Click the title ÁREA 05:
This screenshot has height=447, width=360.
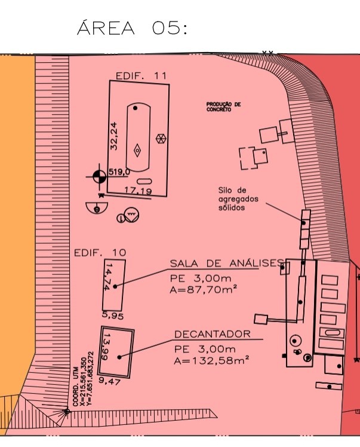click(132, 27)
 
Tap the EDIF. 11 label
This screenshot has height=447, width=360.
click(141, 75)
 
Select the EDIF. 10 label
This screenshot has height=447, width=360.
click(100, 253)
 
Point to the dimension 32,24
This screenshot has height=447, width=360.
click(113, 136)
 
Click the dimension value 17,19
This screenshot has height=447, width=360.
click(139, 191)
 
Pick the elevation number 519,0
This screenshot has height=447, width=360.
click(119, 172)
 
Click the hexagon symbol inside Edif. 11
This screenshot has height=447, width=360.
click(161, 139)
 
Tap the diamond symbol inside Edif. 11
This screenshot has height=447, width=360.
click(137, 150)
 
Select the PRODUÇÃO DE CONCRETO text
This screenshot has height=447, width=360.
click(223, 106)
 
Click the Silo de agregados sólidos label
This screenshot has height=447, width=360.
click(238, 198)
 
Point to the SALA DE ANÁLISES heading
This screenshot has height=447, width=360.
click(227, 264)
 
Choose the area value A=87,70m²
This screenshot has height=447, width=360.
click(204, 290)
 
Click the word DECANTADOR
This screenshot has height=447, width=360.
click(213, 334)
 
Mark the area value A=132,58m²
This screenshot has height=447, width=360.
click(211, 361)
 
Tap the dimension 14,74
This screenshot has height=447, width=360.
click(107, 277)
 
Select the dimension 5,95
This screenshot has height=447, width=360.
click(113, 316)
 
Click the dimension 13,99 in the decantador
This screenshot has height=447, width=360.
click(104, 347)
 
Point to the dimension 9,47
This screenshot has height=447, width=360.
click(110, 381)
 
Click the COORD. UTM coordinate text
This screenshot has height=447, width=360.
click(83, 379)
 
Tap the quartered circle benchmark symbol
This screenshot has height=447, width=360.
click(99, 177)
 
